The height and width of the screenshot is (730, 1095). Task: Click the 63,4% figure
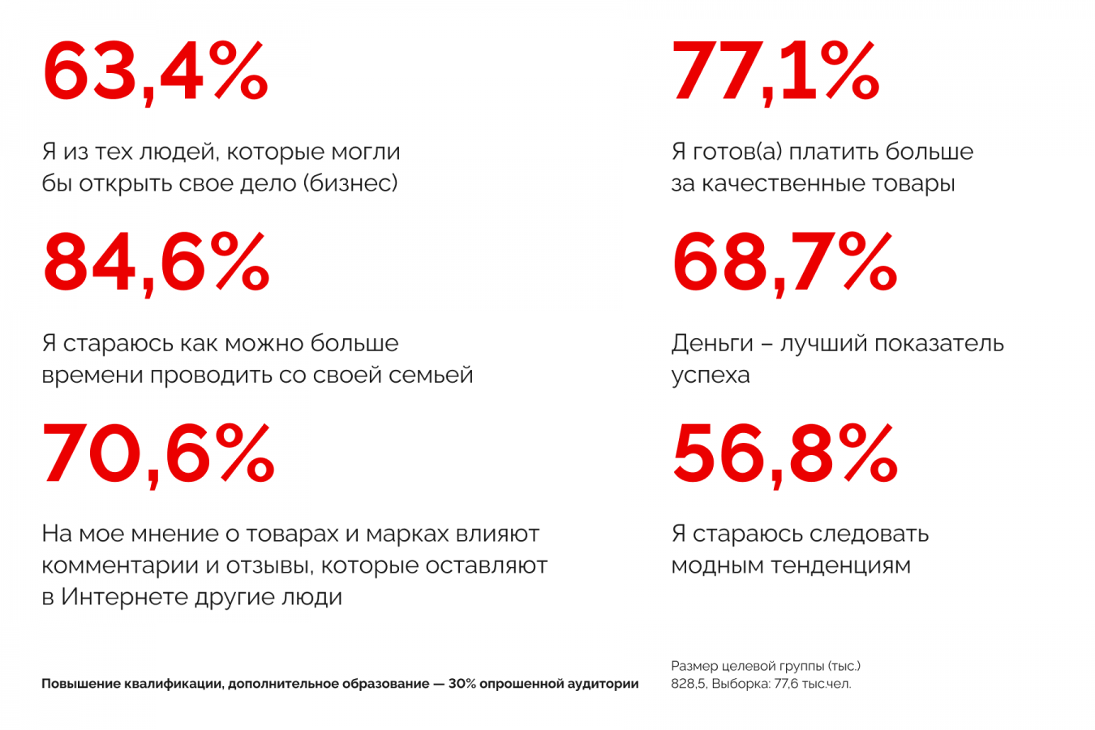pos(155,73)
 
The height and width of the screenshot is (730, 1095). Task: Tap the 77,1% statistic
pos(775,73)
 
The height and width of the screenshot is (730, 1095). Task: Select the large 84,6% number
pos(156,264)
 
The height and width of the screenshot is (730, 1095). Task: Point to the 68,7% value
pos(784,264)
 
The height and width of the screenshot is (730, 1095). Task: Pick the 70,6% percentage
pos(158,454)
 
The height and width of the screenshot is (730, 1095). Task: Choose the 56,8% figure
pos(784,454)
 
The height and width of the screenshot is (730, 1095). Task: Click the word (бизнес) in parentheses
pos(350,183)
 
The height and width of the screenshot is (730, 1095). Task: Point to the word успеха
pos(710,376)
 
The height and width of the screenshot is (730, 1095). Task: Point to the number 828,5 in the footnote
pos(689,684)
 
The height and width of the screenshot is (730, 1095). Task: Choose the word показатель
pos(938,344)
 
